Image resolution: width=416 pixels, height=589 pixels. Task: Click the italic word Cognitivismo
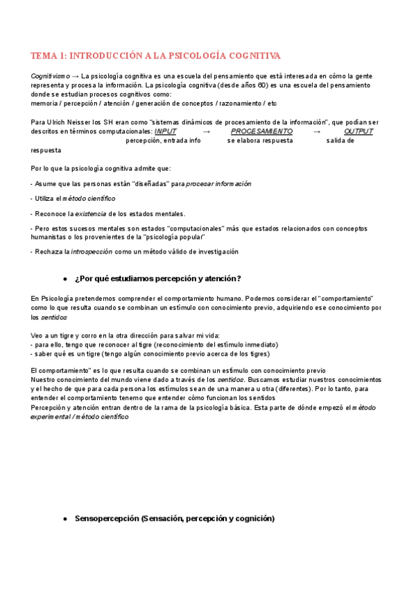pyautogui.click(x=50, y=75)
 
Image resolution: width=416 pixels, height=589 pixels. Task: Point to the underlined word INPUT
pyautogui.click(x=165, y=131)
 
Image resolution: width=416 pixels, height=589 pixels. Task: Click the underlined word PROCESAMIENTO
pyautogui.click(x=261, y=131)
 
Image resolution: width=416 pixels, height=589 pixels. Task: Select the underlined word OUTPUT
pyautogui.click(x=358, y=131)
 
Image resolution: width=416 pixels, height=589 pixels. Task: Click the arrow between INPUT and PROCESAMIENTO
pyautogui.click(x=206, y=131)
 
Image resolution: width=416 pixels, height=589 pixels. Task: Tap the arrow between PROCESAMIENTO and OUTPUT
pyautogui.click(x=317, y=131)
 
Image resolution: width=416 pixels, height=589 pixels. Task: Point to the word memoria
pyautogui.click(x=45, y=103)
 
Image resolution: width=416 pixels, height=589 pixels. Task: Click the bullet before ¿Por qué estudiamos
pyautogui.click(x=64, y=279)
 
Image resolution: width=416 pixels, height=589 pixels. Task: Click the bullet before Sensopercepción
pyautogui.click(x=64, y=518)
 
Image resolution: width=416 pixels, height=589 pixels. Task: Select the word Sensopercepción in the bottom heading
pyautogui.click(x=107, y=518)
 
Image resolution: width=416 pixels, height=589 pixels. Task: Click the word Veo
pyautogui.click(x=37, y=335)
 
